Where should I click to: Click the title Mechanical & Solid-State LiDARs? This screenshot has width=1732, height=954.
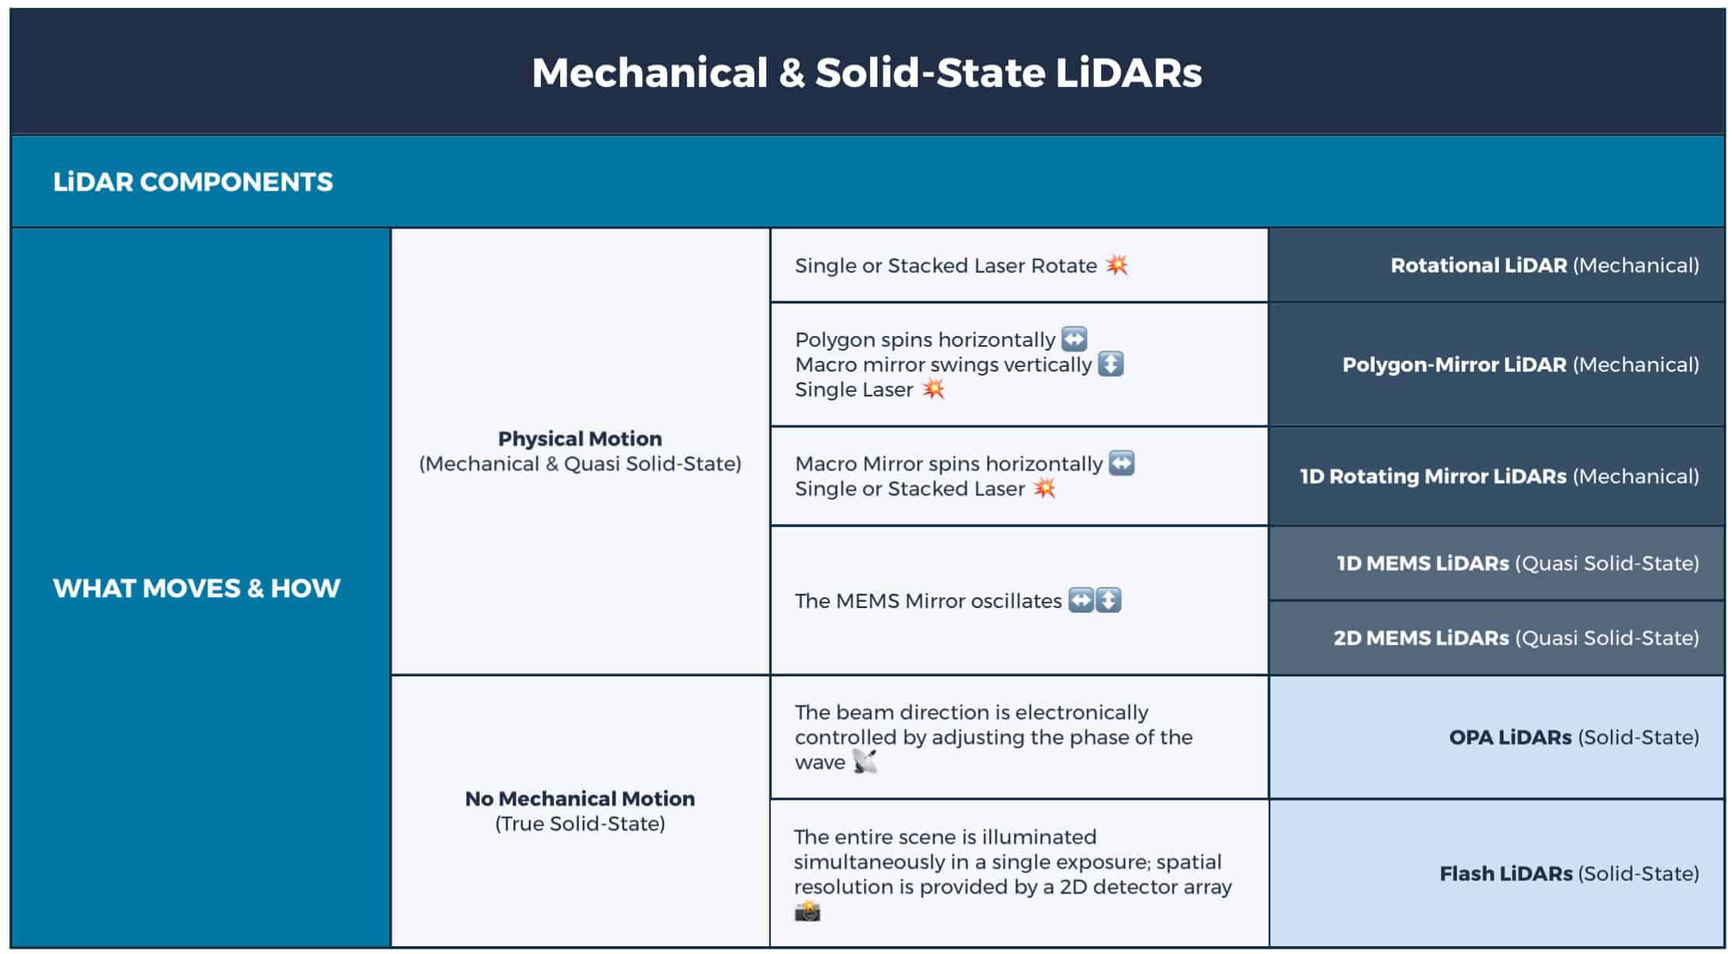(866, 72)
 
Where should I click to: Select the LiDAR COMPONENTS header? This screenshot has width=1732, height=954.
(193, 182)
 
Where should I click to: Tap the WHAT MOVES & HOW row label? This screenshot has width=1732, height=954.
(197, 588)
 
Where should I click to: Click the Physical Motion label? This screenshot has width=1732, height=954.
(580, 439)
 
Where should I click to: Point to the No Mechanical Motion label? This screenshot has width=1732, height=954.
(580, 798)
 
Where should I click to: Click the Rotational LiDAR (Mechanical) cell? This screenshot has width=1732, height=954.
(1497, 265)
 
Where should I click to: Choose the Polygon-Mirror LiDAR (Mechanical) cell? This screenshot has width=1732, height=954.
(1497, 365)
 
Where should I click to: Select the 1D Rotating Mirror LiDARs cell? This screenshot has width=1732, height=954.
(1497, 476)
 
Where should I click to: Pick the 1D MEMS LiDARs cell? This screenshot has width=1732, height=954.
(1497, 563)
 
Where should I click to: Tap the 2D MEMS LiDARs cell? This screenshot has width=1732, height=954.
(1497, 638)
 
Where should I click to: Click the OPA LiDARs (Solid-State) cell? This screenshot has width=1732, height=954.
(1497, 737)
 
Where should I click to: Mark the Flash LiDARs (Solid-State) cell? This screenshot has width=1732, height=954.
(1497, 873)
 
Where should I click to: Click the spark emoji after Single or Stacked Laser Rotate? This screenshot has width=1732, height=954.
(1117, 264)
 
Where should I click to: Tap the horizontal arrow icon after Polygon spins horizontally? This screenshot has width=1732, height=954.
(1074, 339)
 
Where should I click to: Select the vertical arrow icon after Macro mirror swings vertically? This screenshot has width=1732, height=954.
(1110, 364)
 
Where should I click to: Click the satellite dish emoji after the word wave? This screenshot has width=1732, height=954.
(864, 761)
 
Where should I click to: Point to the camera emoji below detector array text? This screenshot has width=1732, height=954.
(807, 911)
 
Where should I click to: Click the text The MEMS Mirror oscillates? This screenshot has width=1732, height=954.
(928, 601)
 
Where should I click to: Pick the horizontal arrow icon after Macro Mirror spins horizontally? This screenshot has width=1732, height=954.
(1121, 463)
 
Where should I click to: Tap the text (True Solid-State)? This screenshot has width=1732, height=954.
(580, 824)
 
